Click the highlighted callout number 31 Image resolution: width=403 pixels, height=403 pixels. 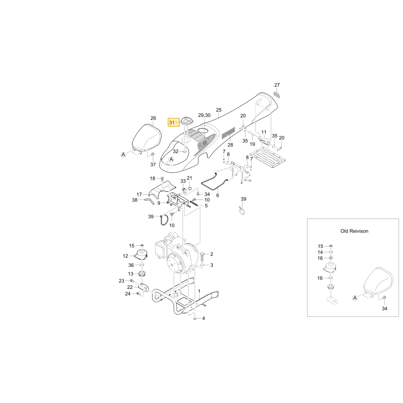pyautogui.click(x=172, y=123)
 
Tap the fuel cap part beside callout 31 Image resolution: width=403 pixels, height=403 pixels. pyautogui.click(x=186, y=121)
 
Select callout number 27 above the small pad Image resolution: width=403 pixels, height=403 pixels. pyautogui.click(x=277, y=85)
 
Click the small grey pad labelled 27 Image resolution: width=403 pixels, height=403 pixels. pyautogui.click(x=276, y=94)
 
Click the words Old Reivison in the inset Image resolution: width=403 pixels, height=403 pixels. pyautogui.click(x=354, y=231)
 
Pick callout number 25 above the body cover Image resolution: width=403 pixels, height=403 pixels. pyautogui.click(x=218, y=110)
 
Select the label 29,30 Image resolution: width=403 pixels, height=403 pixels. pyautogui.click(x=204, y=115)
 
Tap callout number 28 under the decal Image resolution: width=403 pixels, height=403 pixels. pyautogui.click(x=230, y=145)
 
